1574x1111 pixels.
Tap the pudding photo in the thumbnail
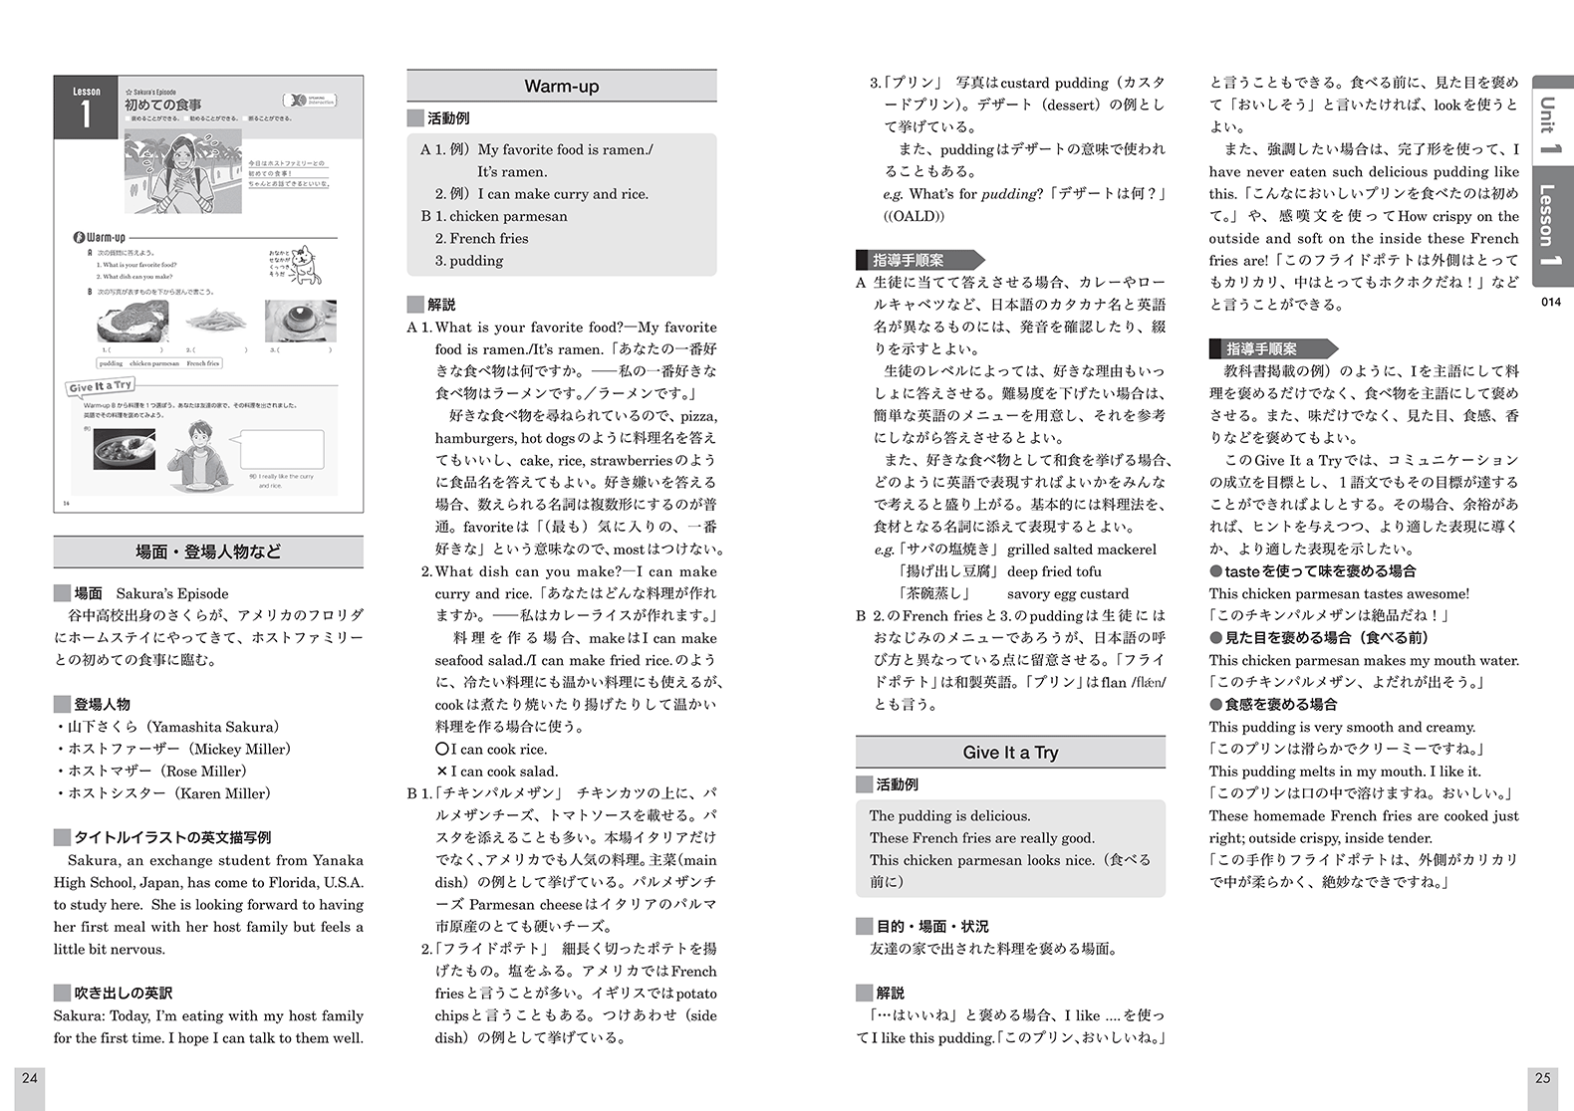point(300,322)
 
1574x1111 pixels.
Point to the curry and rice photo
point(125,449)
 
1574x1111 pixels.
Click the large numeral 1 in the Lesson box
point(86,114)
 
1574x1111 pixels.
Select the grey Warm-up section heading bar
point(561,87)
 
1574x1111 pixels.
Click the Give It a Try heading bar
point(1009,753)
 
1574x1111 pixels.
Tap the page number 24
point(30,1077)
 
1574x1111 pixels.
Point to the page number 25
point(1542,1077)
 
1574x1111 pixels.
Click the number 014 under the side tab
point(1550,302)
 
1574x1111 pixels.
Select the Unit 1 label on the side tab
point(1548,123)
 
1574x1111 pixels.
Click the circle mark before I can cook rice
point(441,749)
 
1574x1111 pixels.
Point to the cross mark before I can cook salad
point(441,772)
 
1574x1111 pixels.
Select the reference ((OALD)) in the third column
point(914,216)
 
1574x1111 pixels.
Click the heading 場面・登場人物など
point(208,552)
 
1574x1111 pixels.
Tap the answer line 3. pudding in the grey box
point(469,261)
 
